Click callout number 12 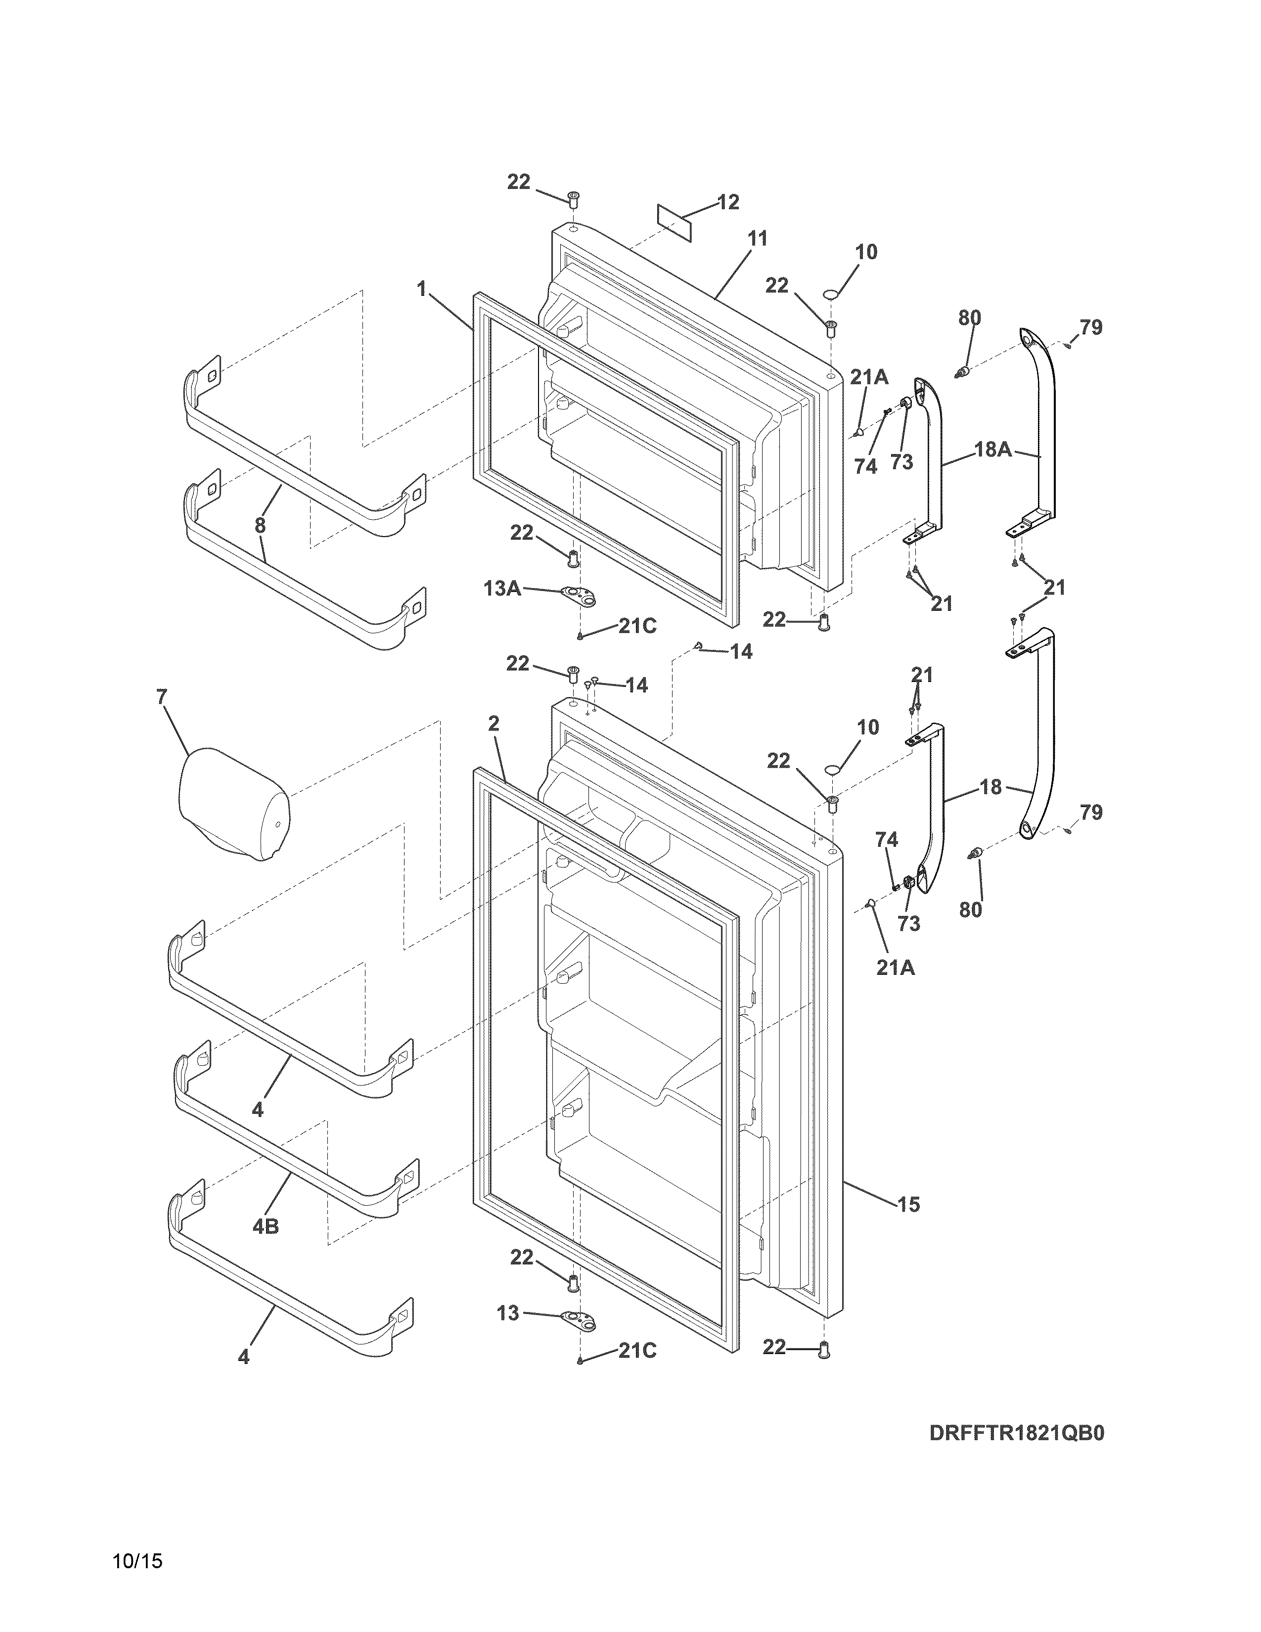(727, 202)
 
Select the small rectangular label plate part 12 (675, 222)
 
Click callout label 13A (502, 589)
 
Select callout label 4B (265, 1226)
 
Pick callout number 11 (758, 239)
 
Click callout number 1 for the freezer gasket (422, 288)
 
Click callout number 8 (260, 525)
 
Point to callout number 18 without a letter (991, 787)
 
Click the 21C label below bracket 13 (637, 1351)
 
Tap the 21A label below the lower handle (895, 968)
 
